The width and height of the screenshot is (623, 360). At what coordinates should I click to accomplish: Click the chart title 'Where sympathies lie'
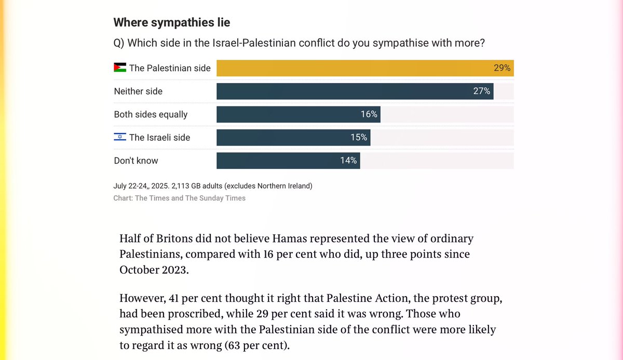coord(171,22)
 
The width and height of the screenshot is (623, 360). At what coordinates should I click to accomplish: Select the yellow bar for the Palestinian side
coord(353,68)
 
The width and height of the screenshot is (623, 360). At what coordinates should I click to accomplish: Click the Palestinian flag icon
coord(120,68)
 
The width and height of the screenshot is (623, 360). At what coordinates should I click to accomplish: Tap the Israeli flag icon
coord(120,138)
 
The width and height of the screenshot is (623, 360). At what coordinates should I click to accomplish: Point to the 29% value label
coord(502,68)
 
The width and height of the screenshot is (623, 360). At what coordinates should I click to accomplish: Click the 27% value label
coord(481,91)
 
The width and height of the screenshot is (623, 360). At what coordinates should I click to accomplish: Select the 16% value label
coord(369,114)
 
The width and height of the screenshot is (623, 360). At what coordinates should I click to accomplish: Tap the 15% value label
coord(359,138)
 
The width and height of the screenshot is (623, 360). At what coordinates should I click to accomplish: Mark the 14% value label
coord(348,161)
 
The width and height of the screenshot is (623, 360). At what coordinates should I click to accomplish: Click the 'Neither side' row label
coord(138,91)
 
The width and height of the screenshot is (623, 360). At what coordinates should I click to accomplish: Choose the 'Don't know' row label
coord(136,161)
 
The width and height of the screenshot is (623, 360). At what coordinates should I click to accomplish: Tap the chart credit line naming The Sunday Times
coord(180,198)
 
